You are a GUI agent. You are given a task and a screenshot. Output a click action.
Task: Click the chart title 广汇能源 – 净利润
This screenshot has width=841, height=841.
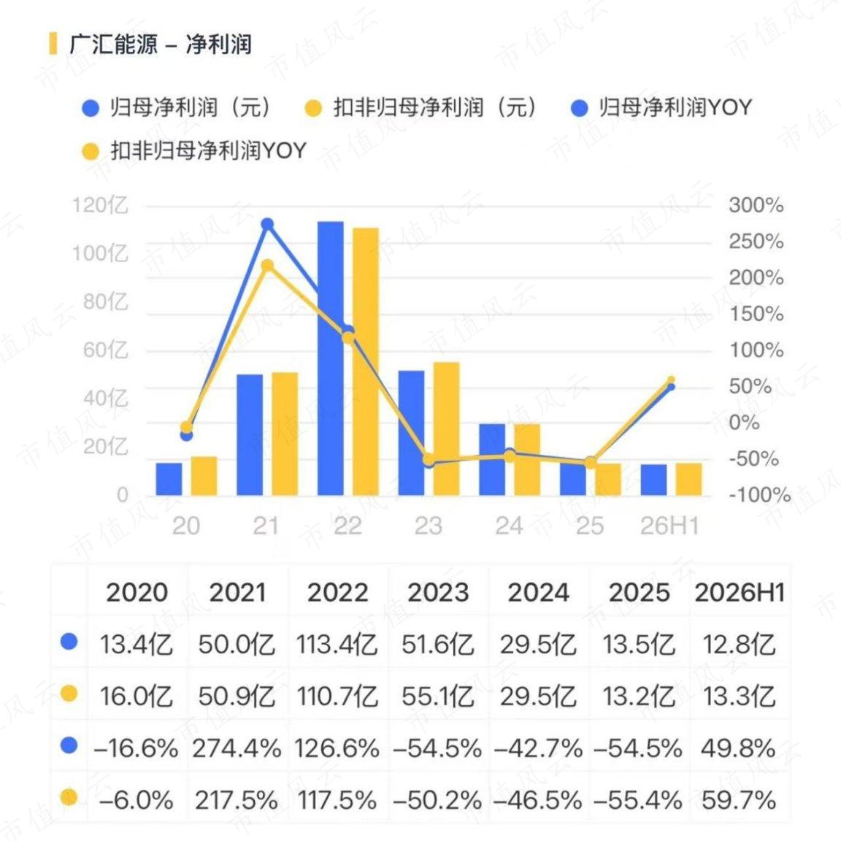161,44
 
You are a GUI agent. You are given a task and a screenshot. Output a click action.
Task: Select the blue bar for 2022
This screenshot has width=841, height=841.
331,358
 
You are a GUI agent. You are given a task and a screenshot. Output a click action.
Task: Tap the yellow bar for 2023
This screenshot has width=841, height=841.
446,429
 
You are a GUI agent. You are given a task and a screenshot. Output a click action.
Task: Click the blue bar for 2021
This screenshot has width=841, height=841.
250,435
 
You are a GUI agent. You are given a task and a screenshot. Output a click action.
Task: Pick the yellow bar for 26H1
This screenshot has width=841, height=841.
688,479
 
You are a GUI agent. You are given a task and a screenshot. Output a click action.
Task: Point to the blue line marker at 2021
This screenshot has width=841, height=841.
267,224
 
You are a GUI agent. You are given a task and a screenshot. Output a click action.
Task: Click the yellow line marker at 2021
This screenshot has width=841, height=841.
267,266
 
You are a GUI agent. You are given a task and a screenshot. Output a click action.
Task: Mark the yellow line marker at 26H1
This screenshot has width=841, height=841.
671,380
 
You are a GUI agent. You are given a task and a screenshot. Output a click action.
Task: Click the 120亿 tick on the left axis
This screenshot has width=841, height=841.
100,205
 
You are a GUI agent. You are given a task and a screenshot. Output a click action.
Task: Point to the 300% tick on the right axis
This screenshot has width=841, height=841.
756,205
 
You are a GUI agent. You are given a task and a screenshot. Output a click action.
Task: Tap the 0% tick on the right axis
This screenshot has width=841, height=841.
745,423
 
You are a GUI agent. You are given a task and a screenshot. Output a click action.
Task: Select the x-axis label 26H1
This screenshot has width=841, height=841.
670,526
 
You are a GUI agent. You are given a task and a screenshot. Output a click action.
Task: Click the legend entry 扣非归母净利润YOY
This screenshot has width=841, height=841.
194,150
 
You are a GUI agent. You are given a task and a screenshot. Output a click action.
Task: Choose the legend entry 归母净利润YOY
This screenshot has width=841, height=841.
662,107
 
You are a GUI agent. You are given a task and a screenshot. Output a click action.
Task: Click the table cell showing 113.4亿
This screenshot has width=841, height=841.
337,644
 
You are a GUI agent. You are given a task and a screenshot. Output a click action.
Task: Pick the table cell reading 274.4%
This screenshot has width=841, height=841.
237,748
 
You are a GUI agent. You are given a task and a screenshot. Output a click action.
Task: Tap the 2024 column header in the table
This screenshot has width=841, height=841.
539,593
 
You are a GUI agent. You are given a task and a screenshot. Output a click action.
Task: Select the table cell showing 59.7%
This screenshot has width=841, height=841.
739,800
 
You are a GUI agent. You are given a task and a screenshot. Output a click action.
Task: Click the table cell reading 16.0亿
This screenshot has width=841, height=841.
137,696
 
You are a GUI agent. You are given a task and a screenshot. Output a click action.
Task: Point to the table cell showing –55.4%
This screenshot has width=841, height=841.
638,800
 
